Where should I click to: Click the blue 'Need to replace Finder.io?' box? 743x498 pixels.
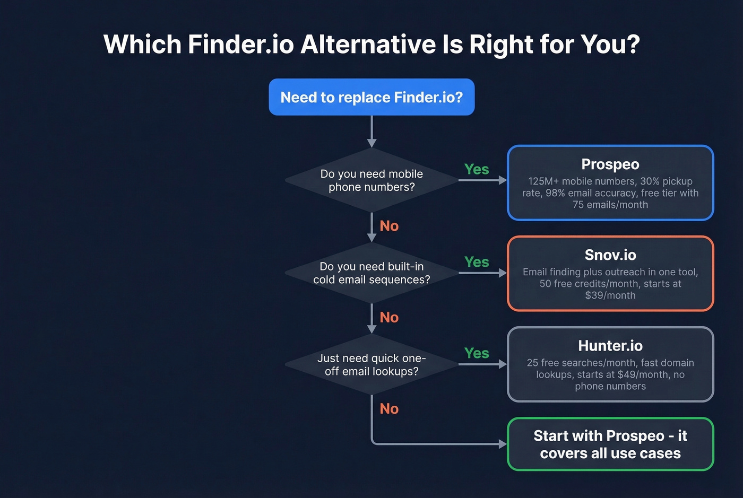tap(371, 97)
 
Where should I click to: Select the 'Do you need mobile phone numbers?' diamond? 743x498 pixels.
tap(371, 180)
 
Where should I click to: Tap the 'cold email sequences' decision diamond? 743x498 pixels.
tap(371, 273)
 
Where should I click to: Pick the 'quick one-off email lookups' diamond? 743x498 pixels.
tap(371, 364)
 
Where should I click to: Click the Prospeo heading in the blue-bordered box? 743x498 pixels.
tap(610, 164)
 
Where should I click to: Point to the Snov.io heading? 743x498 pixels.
tap(610, 255)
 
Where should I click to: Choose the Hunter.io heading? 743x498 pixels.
tap(610, 346)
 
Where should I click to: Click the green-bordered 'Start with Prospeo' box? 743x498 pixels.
tap(610, 444)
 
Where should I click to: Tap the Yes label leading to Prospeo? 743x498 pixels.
tap(477, 169)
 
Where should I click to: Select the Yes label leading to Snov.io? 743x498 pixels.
tap(477, 262)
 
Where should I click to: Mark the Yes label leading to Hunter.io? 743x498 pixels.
tap(477, 353)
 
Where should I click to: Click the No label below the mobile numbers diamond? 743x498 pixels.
tap(389, 226)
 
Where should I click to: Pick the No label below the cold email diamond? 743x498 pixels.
tap(389, 317)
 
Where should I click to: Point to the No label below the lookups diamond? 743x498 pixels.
tap(389, 409)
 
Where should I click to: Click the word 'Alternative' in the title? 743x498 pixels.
tap(368, 44)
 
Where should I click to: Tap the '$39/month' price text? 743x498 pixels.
tap(610, 295)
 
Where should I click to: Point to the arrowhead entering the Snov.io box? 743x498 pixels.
tap(503, 273)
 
